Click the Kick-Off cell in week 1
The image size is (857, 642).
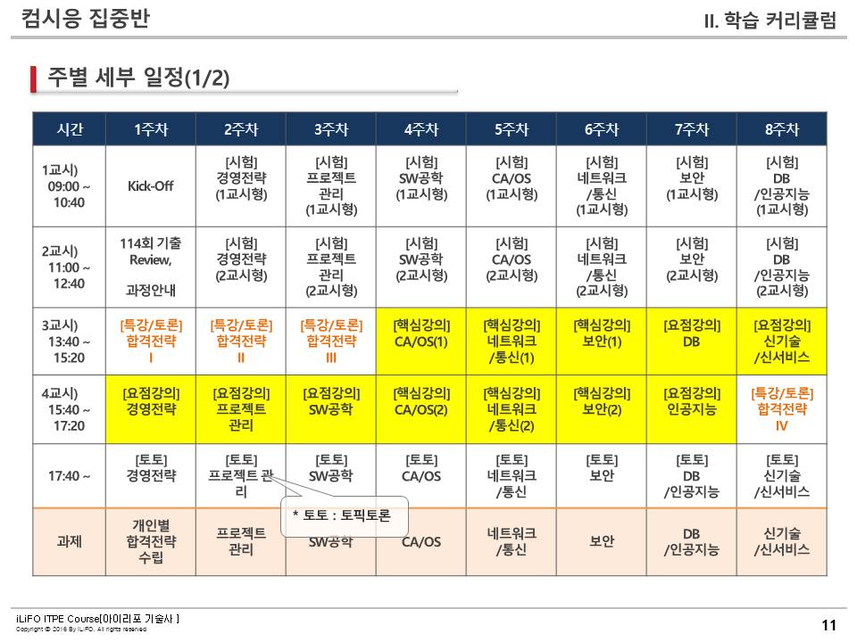click(x=150, y=186)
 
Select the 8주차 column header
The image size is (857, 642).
click(x=782, y=129)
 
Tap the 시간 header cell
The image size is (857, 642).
click(x=69, y=129)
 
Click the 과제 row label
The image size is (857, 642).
click(x=69, y=541)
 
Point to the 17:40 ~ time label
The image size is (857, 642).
click(x=69, y=476)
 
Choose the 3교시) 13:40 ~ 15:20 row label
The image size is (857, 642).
click(x=69, y=341)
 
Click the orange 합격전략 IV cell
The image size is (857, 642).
click(x=782, y=409)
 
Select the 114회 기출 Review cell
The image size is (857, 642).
click(x=150, y=267)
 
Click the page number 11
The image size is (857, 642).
click(x=828, y=625)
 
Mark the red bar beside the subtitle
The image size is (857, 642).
click(x=34, y=78)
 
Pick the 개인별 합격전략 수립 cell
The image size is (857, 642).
click(x=150, y=541)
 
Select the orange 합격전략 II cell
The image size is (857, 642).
click(x=241, y=341)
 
